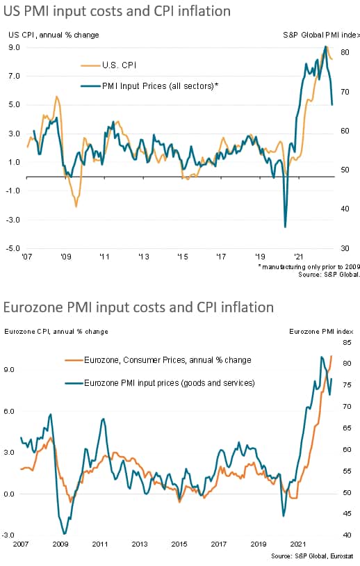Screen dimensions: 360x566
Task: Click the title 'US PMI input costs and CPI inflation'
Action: point(117,11)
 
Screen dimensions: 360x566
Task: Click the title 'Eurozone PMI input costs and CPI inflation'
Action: point(138,307)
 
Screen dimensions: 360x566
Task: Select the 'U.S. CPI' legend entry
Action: point(108,65)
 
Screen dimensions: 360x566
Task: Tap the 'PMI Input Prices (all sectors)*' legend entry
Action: point(149,86)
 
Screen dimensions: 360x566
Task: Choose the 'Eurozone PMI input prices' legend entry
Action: point(160,383)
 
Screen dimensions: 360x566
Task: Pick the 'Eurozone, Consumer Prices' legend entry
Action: point(158,360)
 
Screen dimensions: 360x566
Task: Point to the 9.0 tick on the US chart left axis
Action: point(14,47)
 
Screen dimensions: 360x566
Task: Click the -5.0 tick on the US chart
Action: point(13,248)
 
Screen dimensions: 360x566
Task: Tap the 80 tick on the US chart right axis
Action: point(345,52)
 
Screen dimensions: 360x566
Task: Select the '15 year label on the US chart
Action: point(183,257)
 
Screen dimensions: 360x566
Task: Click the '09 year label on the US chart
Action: point(65,257)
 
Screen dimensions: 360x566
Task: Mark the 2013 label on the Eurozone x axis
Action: point(140,544)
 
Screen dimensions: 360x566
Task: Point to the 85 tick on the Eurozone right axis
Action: point(347,342)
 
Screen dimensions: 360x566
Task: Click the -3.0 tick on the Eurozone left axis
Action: point(8,535)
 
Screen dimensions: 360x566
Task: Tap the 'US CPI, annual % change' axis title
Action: point(54,35)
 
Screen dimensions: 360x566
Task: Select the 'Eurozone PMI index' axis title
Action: point(321,332)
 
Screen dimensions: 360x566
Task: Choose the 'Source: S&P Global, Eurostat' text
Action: point(312,556)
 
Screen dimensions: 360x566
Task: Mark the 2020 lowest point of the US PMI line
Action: point(286,227)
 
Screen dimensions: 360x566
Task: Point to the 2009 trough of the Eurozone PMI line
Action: point(65,533)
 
